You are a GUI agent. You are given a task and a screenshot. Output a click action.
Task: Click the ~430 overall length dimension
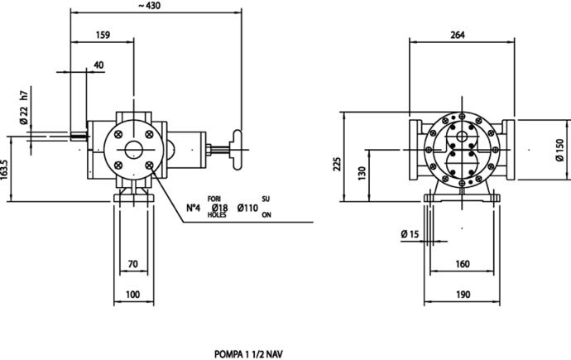point(149,6)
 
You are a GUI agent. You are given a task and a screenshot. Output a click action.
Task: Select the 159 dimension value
point(103,35)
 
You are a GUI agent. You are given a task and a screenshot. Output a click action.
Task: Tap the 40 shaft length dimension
point(98,65)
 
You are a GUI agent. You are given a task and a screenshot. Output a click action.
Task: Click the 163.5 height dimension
point(4,170)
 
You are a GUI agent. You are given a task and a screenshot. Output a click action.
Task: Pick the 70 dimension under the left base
point(133,264)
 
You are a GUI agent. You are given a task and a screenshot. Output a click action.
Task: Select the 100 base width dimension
point(132,294)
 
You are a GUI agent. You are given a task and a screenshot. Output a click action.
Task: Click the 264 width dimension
point(458,35)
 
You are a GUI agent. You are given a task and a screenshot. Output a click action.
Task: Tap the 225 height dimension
point(338,164)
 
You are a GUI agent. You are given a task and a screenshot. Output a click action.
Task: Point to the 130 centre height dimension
point(362,173)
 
